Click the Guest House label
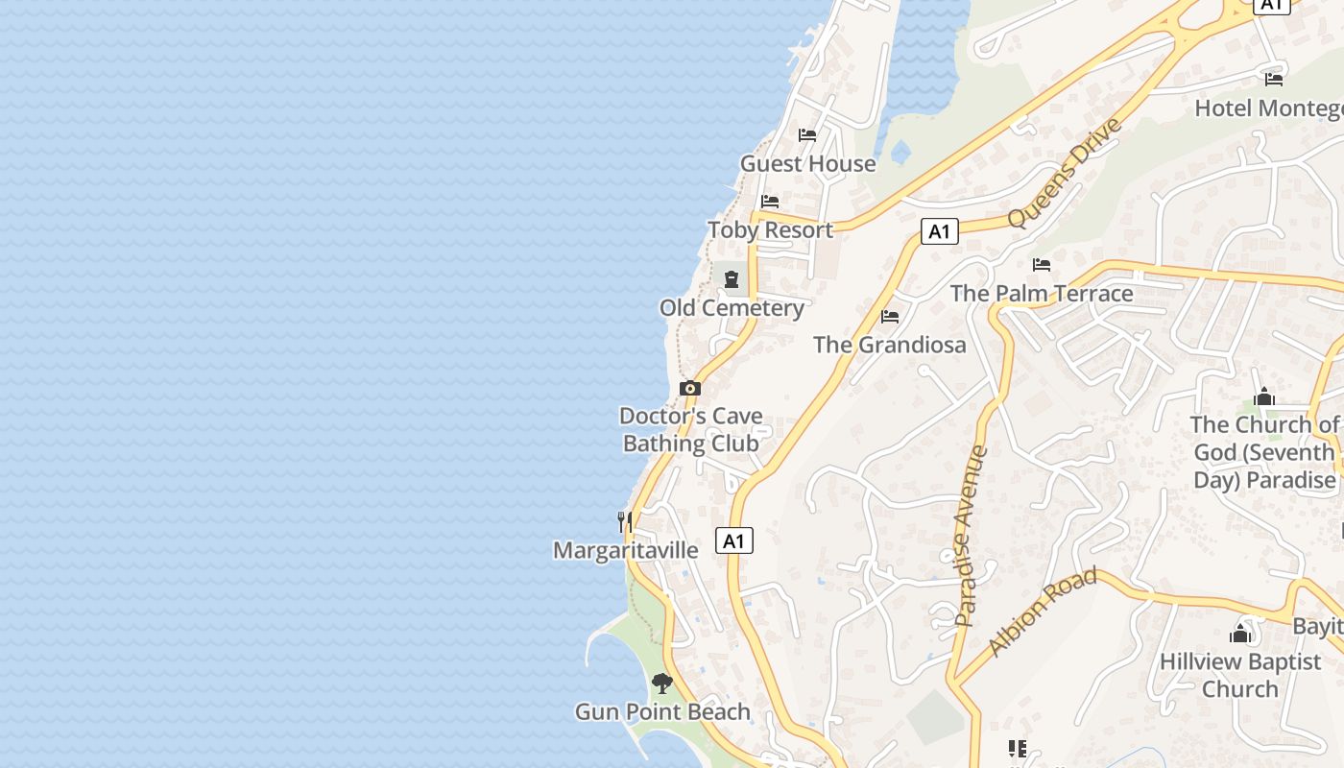coord(807,164)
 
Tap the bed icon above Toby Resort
coord(770,202)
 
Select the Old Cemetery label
coord(732,308)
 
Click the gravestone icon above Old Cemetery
coord(732,279)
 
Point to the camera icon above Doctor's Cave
coord(689,389)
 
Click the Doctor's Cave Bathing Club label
coord(691,429)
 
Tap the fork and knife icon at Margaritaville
coord(625,521)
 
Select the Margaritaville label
coord(626,550)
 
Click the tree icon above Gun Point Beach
coord(661,684)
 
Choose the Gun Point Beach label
coord(662,712)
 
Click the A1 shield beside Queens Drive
coord(940,231)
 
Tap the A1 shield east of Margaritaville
coord(734,541)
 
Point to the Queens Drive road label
coord(1066,173)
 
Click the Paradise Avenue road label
coord(971,536)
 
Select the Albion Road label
coord(1043,612)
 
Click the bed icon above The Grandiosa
coord(890,316)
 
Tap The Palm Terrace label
coord(1042,294)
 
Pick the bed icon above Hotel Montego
coord(1274,79)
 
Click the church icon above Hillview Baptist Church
coord(1240,633)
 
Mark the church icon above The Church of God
coord(1264,396)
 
